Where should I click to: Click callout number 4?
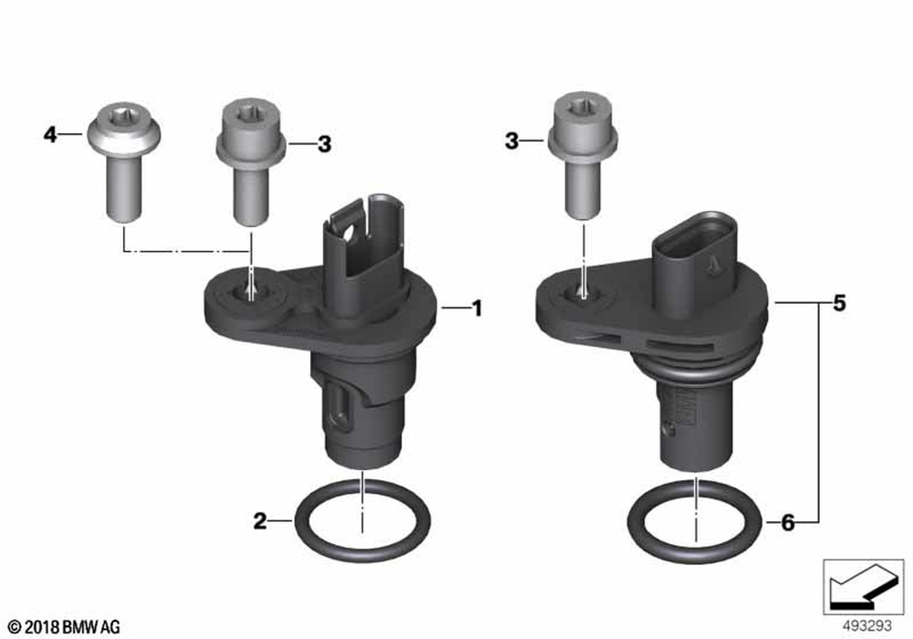coord(50,135)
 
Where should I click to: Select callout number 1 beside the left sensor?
coord(477,309)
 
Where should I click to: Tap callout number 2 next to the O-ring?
coord(259,521)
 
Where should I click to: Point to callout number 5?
coord(839,303)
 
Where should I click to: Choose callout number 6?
coord(787,522)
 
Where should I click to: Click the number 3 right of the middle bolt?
coord(324,143)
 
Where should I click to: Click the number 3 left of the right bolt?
coord(511,141)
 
